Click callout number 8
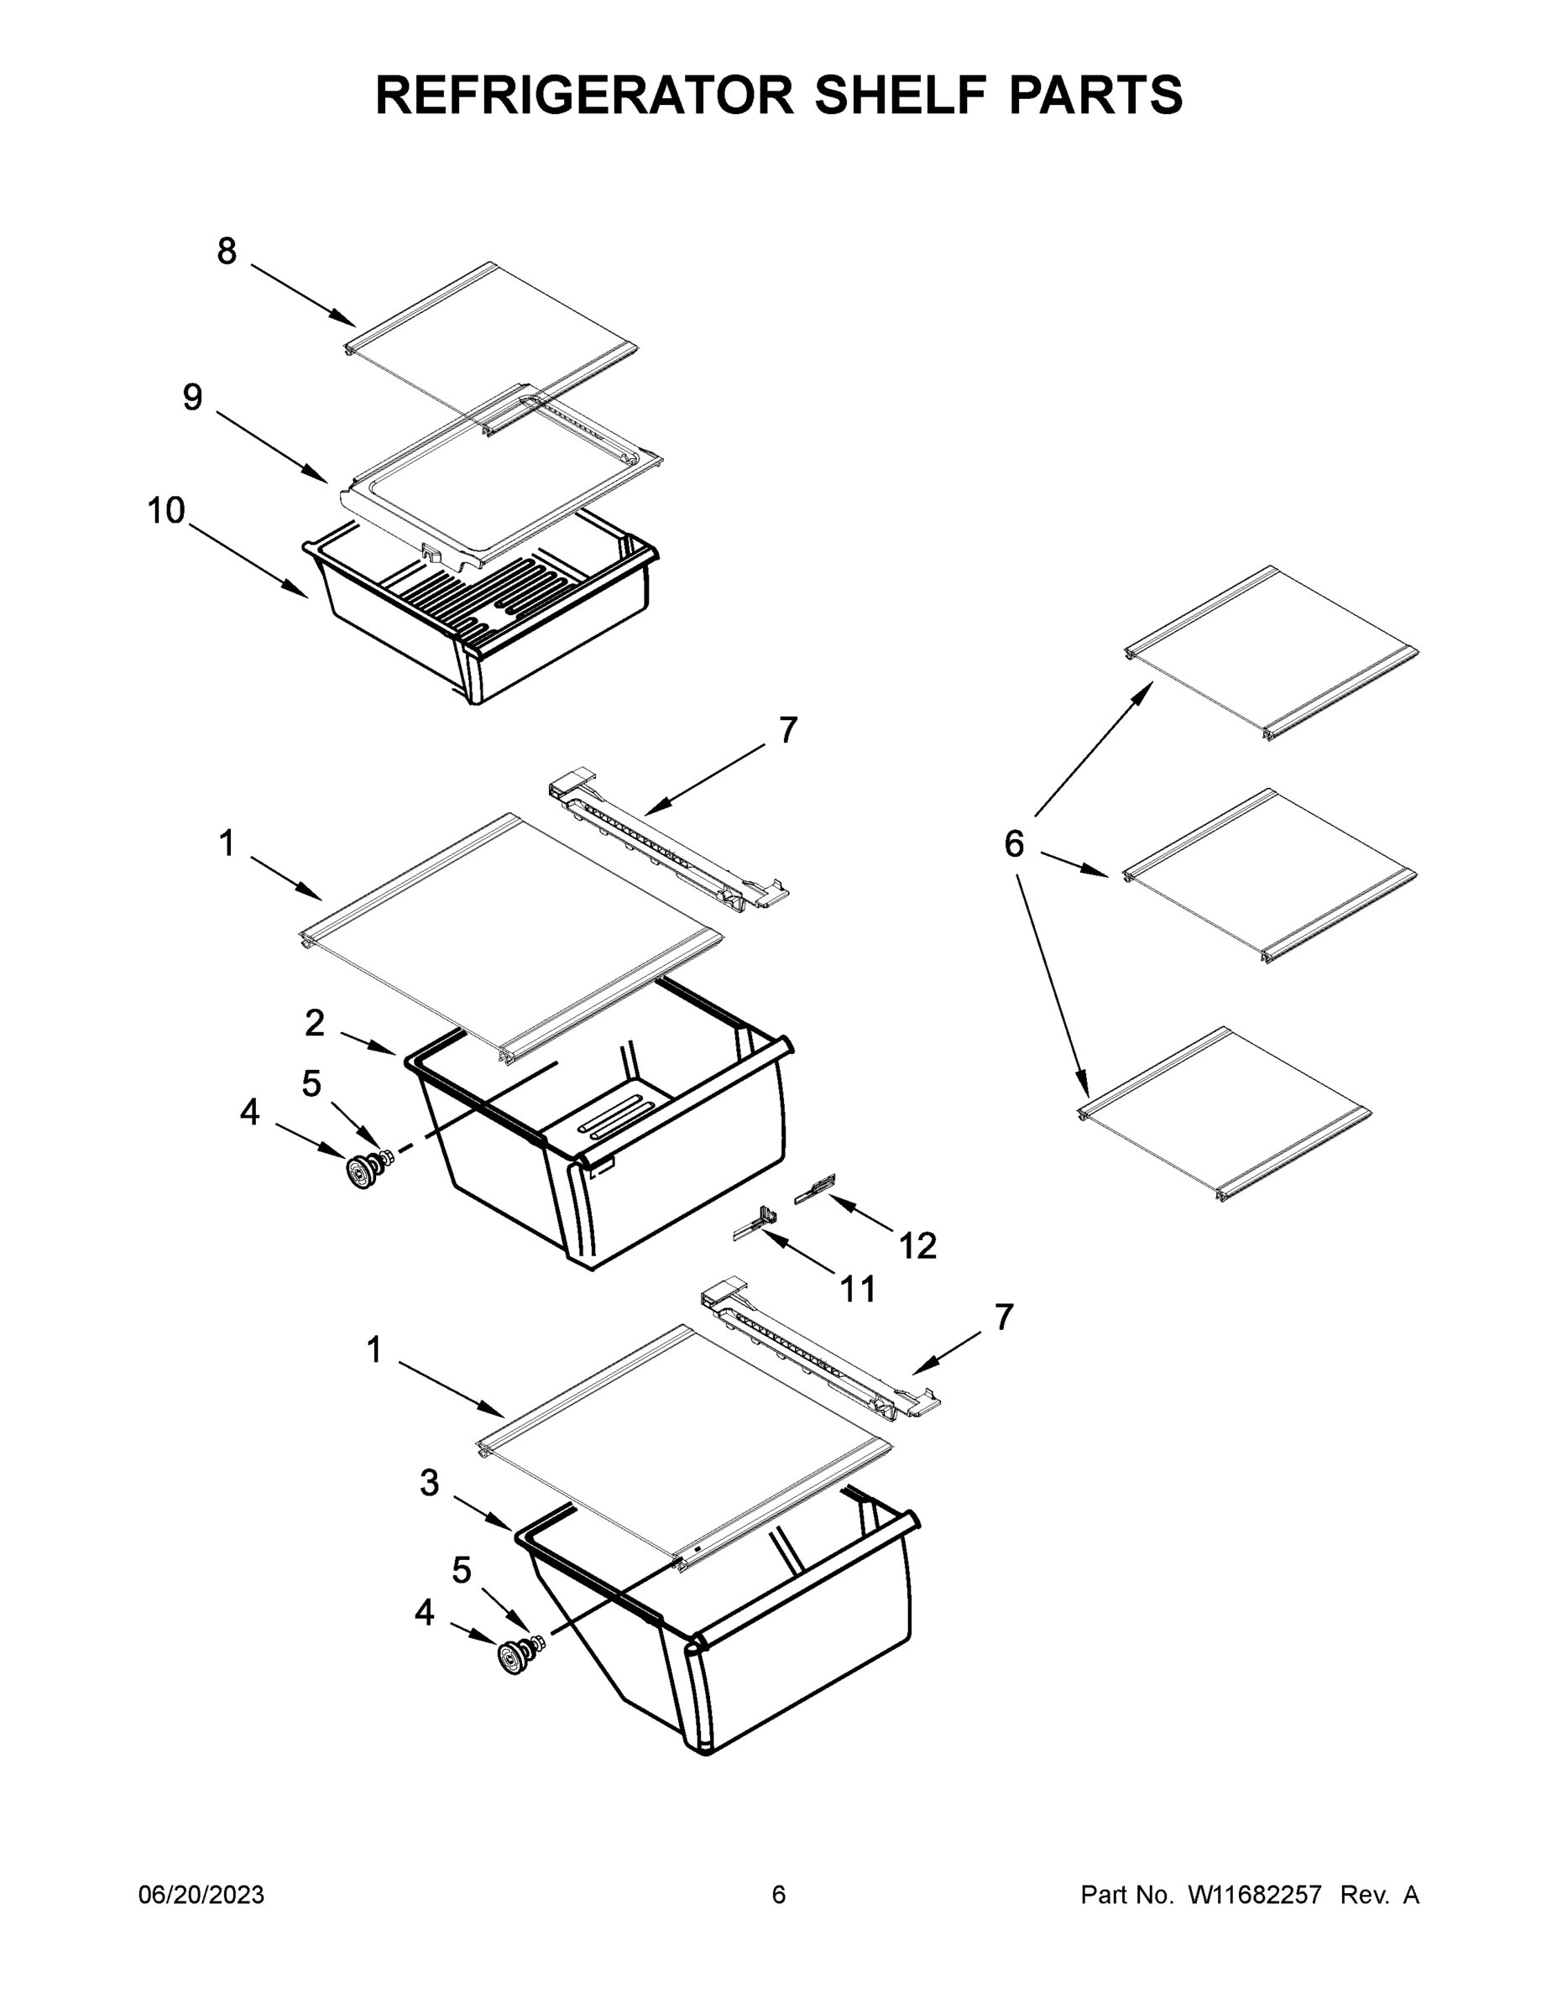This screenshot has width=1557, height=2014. point(227,251)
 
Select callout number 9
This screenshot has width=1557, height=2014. point(192,398)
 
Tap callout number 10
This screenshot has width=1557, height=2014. point(167,510)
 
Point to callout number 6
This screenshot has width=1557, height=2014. point(1014,843)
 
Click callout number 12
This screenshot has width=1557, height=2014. point(917,1246)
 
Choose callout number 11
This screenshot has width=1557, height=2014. point(858,1288)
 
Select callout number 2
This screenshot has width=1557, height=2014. point(315,1023)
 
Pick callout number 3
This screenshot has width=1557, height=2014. point(429,1483)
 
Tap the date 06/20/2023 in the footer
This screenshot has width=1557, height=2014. point(201,1895)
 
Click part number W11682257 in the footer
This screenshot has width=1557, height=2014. point(1255,1895)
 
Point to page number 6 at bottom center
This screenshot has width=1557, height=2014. point(779,1895)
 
